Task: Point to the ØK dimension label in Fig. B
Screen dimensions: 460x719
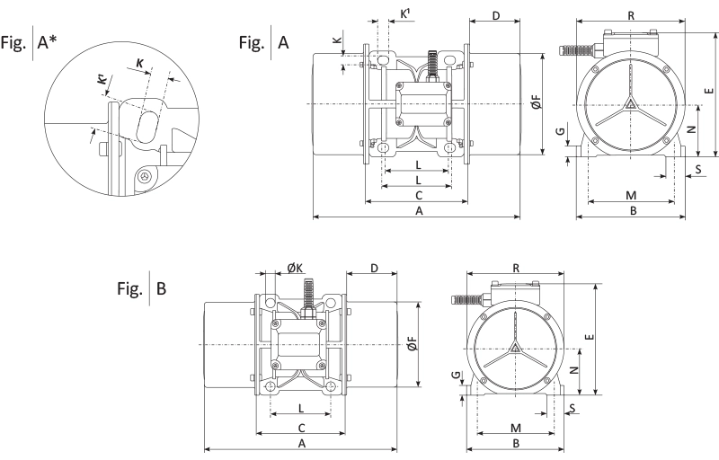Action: tap(295, 268)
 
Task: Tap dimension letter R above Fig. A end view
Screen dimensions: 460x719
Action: tap(632, 15)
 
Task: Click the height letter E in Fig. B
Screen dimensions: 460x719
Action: tap(589, 338)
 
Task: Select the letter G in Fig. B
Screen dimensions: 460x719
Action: tap(456, 376)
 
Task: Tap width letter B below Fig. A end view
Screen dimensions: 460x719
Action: tap(632, 210)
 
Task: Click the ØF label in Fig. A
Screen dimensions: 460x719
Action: tap(536, 105)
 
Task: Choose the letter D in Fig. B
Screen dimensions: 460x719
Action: tap(372, 268)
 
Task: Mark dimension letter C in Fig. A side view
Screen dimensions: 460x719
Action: tap(418, 194)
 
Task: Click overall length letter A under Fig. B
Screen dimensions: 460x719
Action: tap(301, 443)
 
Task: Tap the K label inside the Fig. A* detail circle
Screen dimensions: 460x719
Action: tap(139, 64)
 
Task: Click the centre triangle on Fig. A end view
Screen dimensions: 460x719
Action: tap(633, 104)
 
